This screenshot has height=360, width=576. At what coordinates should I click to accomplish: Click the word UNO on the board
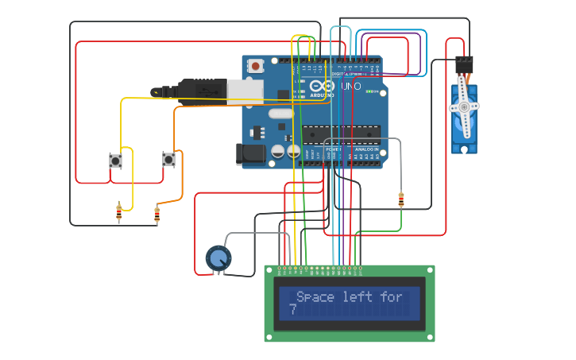tap(350, 86)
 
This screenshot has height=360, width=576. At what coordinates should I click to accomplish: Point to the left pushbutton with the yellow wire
tap(116, 161)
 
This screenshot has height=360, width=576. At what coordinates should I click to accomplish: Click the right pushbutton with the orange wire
tap(168, 160)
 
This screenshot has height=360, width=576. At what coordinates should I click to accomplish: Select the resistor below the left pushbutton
tap(119, 212)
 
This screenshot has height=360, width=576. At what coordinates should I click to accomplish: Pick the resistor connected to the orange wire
tap(157, 214)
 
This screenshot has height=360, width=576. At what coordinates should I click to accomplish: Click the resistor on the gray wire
tap(401, 200)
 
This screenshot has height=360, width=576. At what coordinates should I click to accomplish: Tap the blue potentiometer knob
tap(218, 257)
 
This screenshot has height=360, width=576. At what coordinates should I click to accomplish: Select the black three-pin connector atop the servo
tap(464, 64)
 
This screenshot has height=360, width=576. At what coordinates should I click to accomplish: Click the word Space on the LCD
tap(315, 297)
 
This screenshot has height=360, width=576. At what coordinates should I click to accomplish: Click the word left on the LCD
tap(358, 297)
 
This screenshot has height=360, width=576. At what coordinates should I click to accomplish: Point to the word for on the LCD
tap(391, 297)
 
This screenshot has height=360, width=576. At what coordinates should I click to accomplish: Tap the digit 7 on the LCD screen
tap(293, 310)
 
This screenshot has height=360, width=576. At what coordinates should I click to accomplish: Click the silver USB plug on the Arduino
tap(245, 91)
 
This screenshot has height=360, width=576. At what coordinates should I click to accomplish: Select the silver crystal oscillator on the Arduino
tap(280, 114)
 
